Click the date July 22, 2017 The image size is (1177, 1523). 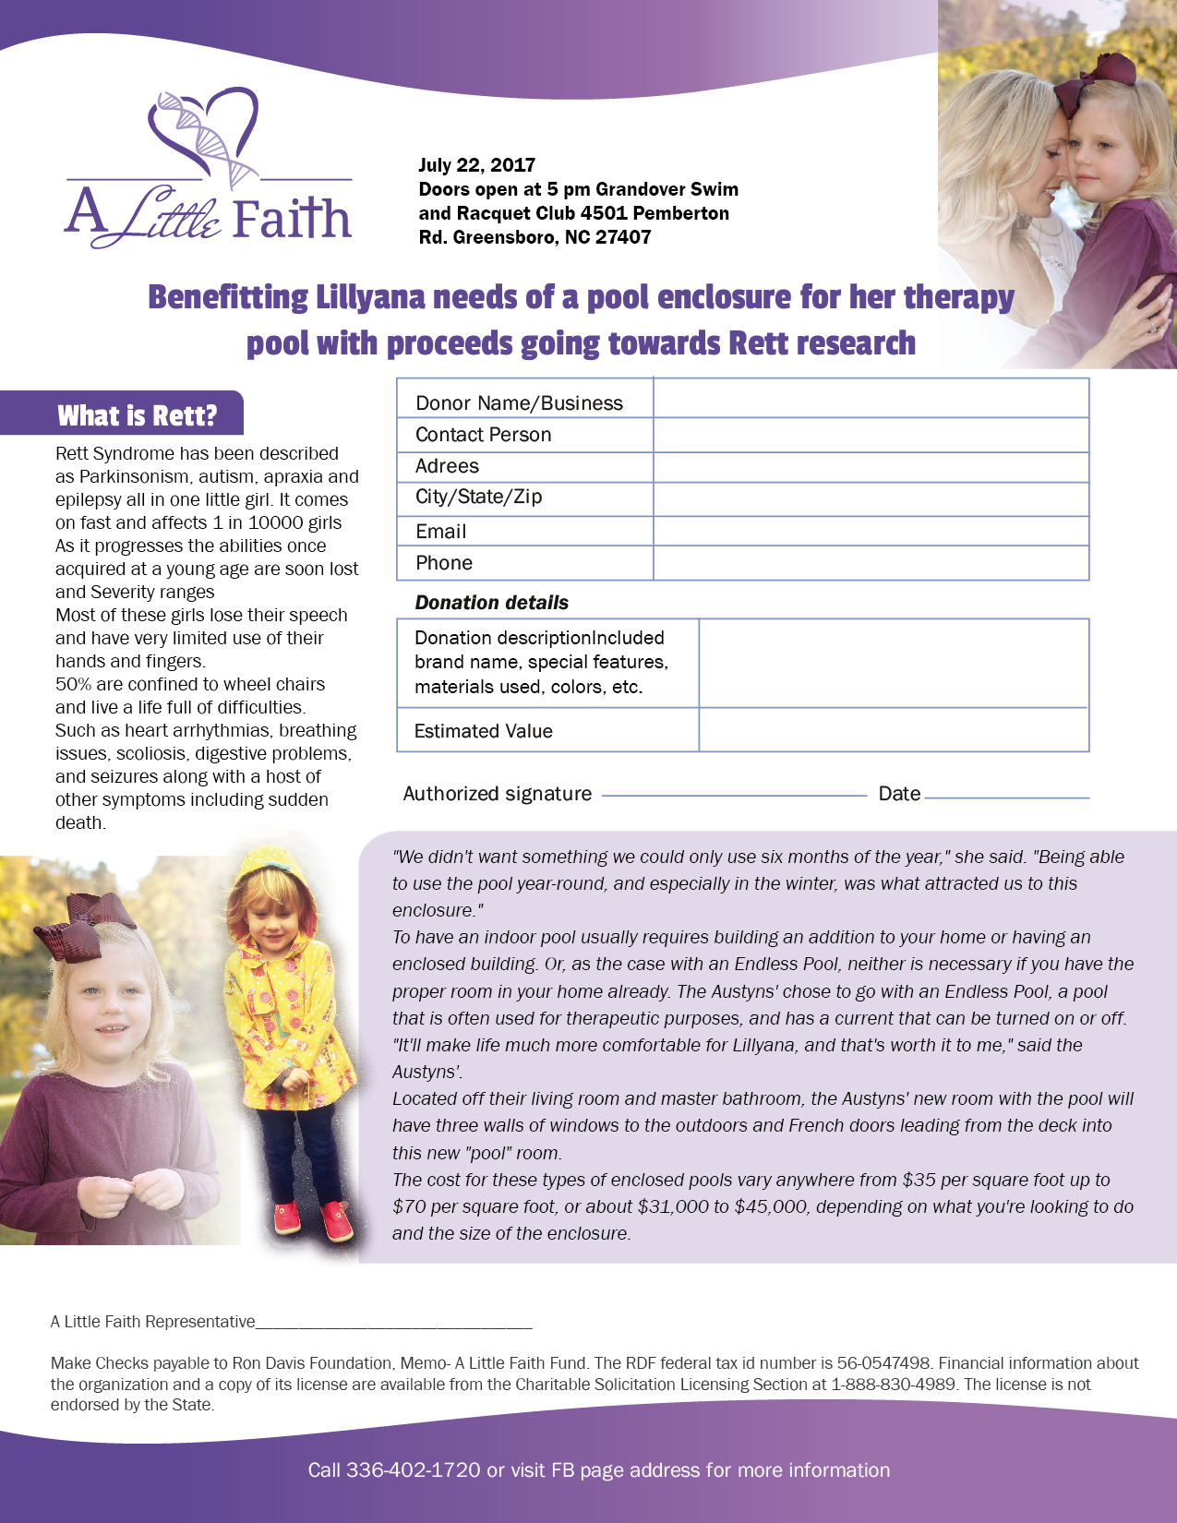tap(476, 165)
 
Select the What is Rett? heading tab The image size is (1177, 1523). tap(137, 415)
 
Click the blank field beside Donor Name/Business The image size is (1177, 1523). tap(871, 399)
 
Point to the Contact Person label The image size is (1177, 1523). tap(483, 435)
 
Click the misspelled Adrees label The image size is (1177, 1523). tap(447, 466)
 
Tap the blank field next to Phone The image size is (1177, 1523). tap(871, 563)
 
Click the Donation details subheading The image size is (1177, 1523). tap(491, 603)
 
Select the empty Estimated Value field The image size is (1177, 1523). tap(893, 730)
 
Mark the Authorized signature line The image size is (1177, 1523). tap(734, 794)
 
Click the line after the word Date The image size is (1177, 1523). tap(1006, 796)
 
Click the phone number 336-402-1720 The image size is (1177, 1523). tap(413, 1470)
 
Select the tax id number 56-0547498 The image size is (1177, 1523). tap(883, 1363)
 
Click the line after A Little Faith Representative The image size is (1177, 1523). tap(393, 1325)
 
